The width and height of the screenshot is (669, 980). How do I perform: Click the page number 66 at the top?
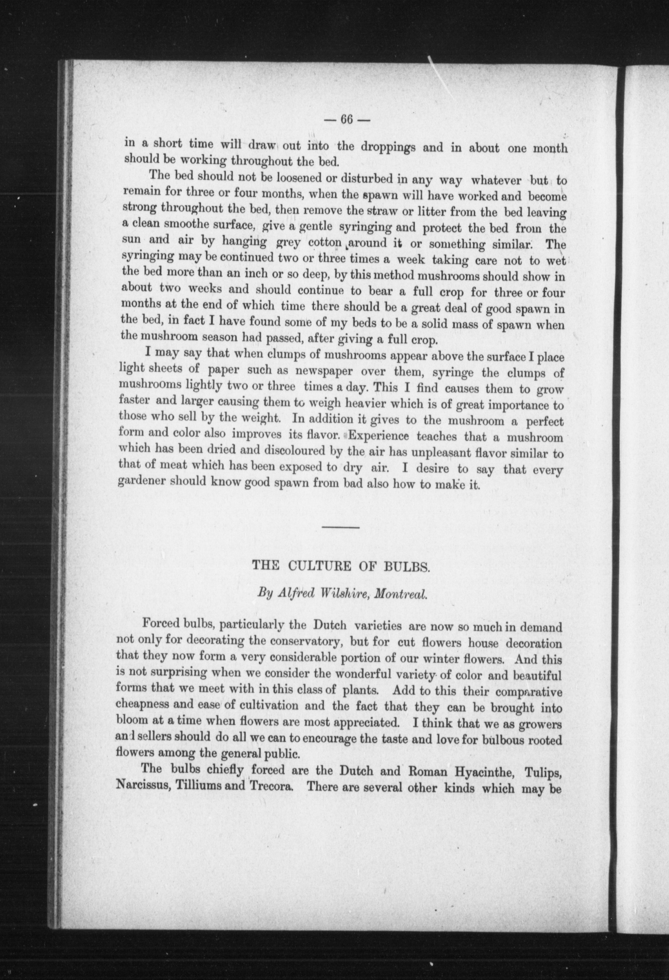347,120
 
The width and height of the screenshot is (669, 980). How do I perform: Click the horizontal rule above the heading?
341,527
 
